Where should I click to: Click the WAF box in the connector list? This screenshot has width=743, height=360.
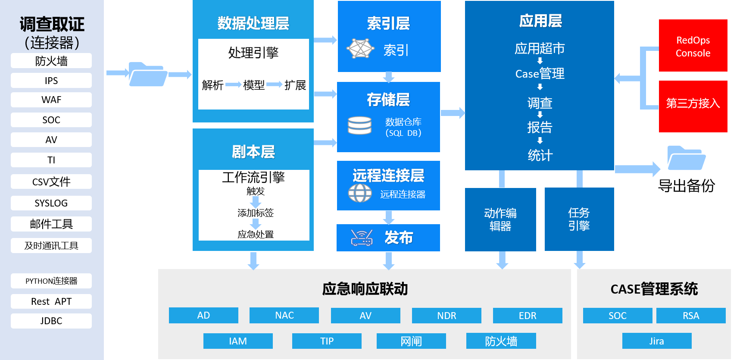(x=51, y=100)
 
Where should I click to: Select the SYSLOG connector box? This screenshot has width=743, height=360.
(x=51, y=203)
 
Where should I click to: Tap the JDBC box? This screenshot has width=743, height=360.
(x=51, y=321)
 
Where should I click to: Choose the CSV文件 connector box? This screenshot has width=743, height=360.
(x=51, y=182)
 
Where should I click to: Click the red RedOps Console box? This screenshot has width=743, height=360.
(x=693, y=46)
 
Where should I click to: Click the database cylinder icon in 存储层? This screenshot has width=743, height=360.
(x=359, y=125)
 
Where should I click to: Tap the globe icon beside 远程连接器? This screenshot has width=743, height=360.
(x=360, y=193)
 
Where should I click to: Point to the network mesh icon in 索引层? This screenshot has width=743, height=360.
(x=360, y=48)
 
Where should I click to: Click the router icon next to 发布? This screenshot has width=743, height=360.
(x=362, y=238)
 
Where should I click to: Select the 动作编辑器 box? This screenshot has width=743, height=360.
(x=500, y=219)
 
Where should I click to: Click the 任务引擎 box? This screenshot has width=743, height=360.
(x=579, y=219)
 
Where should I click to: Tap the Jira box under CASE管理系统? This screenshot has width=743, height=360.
(x=657, y=341)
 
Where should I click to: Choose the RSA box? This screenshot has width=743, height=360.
(x=691, y=316)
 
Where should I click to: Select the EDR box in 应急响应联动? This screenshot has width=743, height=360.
(x=528, y=316)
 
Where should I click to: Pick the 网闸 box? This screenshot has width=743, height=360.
(x=411, y=341)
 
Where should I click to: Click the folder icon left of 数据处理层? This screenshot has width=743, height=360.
(x=148, y=74)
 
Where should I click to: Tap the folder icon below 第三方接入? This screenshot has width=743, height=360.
(x=686, y=158)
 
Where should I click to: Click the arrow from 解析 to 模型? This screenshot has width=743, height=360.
(x=233, y=85)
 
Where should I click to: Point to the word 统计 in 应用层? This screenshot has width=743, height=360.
(x=540, y=155)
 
